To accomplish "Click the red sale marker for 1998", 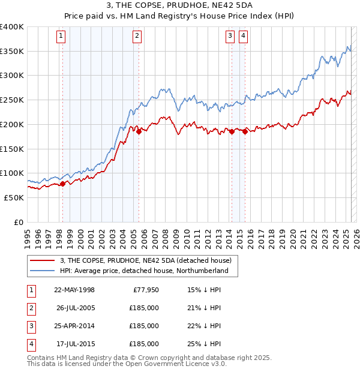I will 62,184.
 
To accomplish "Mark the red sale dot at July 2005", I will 139,132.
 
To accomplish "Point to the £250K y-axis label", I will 11,100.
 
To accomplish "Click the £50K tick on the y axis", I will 14,197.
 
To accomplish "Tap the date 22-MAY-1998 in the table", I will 74,289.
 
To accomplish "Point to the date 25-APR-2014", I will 74,326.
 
